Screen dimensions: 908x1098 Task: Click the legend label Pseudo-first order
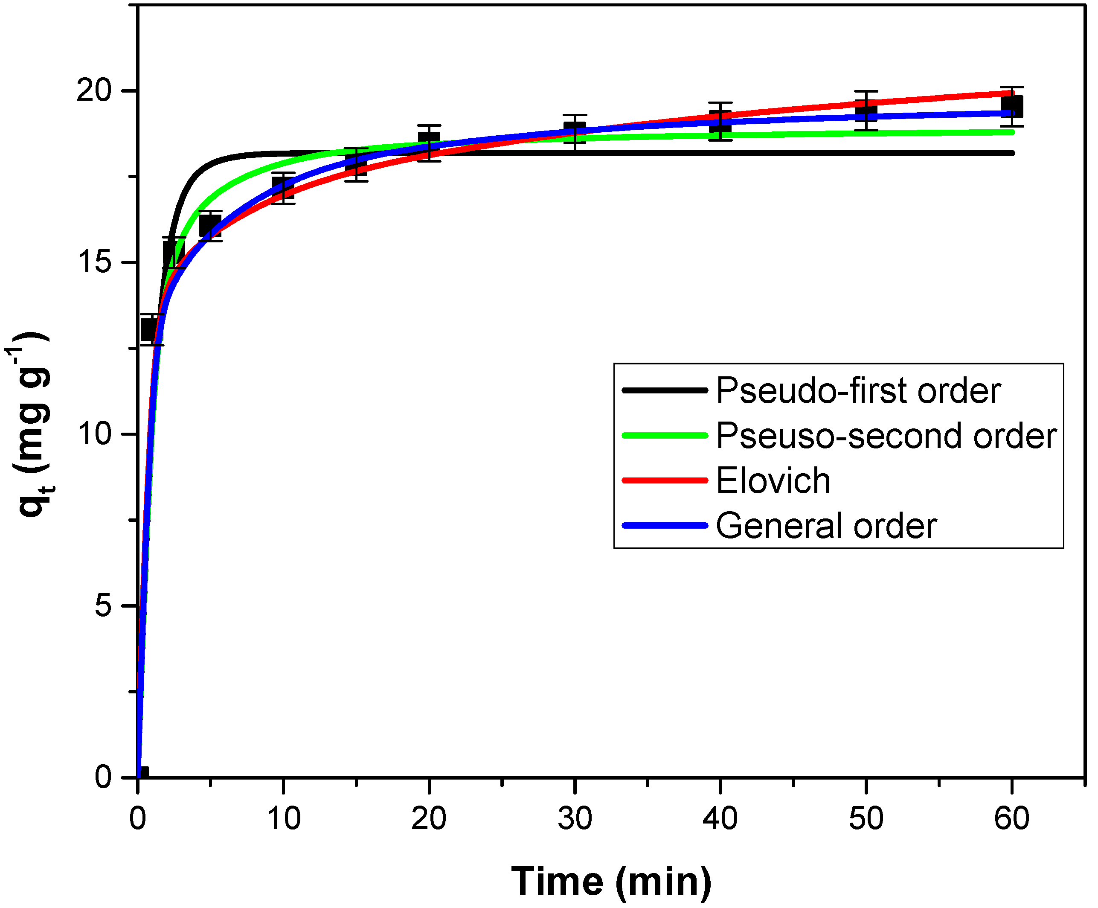(858, 391)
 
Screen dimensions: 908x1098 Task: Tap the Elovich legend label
(773, 481)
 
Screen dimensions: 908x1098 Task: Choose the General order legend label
(826, 526)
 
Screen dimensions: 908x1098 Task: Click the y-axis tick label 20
(94, 91)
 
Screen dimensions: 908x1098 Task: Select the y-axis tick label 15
(94, 262)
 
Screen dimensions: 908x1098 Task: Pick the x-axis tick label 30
(575, 818)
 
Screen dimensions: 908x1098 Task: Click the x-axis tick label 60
(1012, 818)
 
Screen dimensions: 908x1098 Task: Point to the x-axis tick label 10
(283, 818)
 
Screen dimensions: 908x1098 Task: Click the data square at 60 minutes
(1012, 107)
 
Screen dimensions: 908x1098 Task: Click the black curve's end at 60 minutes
(1012, 153)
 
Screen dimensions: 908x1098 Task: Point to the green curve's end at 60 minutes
(1012, 132)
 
